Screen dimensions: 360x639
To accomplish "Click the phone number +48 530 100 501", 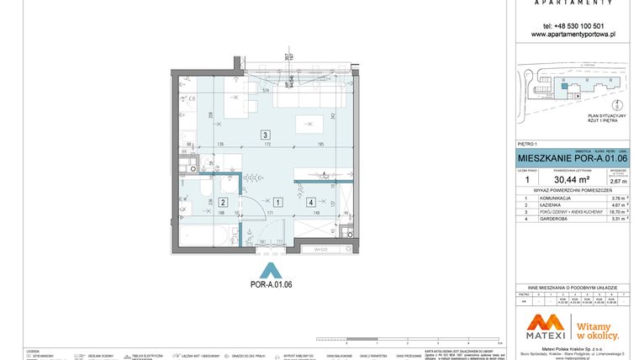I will pos(574,25).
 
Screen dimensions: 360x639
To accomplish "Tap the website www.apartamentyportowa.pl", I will pos(574,34).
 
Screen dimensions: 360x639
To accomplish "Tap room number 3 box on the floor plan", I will pos(265,135).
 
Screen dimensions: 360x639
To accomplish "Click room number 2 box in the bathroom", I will pos(223,202).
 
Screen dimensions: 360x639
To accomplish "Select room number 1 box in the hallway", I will pos(277,202).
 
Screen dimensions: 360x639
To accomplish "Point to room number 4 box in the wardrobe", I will pos(311,202).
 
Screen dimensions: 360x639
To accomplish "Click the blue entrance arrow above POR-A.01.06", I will pos(271,270).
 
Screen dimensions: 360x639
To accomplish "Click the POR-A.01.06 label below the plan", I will pos(271,284).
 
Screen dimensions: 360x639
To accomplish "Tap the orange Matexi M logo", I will pos(549,325).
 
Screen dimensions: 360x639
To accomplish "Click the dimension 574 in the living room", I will pos(266,90).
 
